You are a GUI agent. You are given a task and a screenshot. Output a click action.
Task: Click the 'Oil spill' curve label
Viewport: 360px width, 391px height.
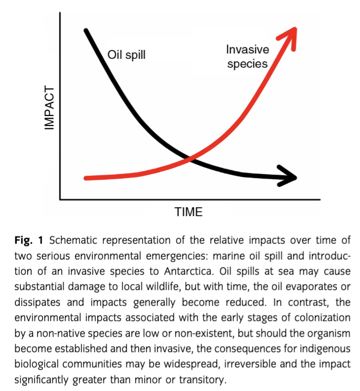(x=127, y=54)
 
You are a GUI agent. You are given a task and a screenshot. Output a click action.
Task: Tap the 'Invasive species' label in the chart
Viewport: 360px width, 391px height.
(x=248, y=57)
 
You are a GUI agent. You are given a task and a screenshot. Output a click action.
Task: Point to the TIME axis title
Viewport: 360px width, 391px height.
(x=188, y=212)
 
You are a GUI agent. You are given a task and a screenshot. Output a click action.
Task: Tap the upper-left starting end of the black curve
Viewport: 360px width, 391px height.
(x=86, y=31)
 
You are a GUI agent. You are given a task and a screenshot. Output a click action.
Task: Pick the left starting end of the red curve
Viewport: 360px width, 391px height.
(x=87, y=178)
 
